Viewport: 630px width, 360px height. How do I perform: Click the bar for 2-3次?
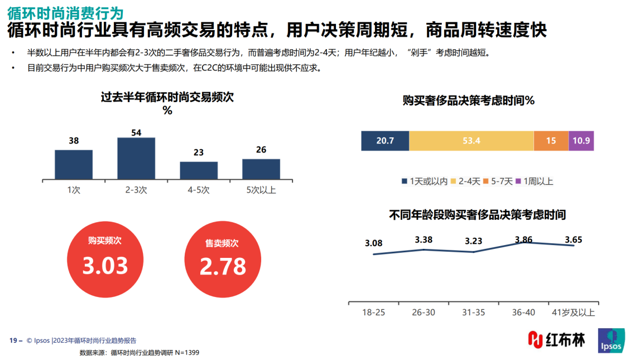coord(136,158)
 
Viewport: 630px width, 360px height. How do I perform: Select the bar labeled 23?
coord(199,170)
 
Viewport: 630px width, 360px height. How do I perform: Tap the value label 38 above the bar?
coord(74,141)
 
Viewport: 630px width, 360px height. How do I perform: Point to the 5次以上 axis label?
coord(261,190)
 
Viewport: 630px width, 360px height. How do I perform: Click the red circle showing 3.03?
coord(105,258)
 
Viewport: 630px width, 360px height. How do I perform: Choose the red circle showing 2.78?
coord(222,258)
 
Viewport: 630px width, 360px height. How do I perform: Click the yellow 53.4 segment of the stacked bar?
coord(471,141)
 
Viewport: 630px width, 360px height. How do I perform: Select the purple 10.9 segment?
coord(581,141)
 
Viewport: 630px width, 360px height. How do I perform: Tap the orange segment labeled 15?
coord(551,141)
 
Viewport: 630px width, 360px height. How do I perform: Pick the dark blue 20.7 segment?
coord(385,141)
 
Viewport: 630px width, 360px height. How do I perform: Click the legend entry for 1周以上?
coord(536,181)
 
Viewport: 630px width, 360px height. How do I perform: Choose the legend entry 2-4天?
coord(465,181)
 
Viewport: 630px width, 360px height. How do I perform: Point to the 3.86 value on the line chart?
coord(523,240)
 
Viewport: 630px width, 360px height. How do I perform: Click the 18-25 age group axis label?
coord(373,313)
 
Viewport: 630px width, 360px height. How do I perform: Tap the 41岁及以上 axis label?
coord(573,313)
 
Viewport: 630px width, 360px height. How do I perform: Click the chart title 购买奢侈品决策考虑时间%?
coord(469,101)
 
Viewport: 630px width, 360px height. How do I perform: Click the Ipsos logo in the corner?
coord(611,340)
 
